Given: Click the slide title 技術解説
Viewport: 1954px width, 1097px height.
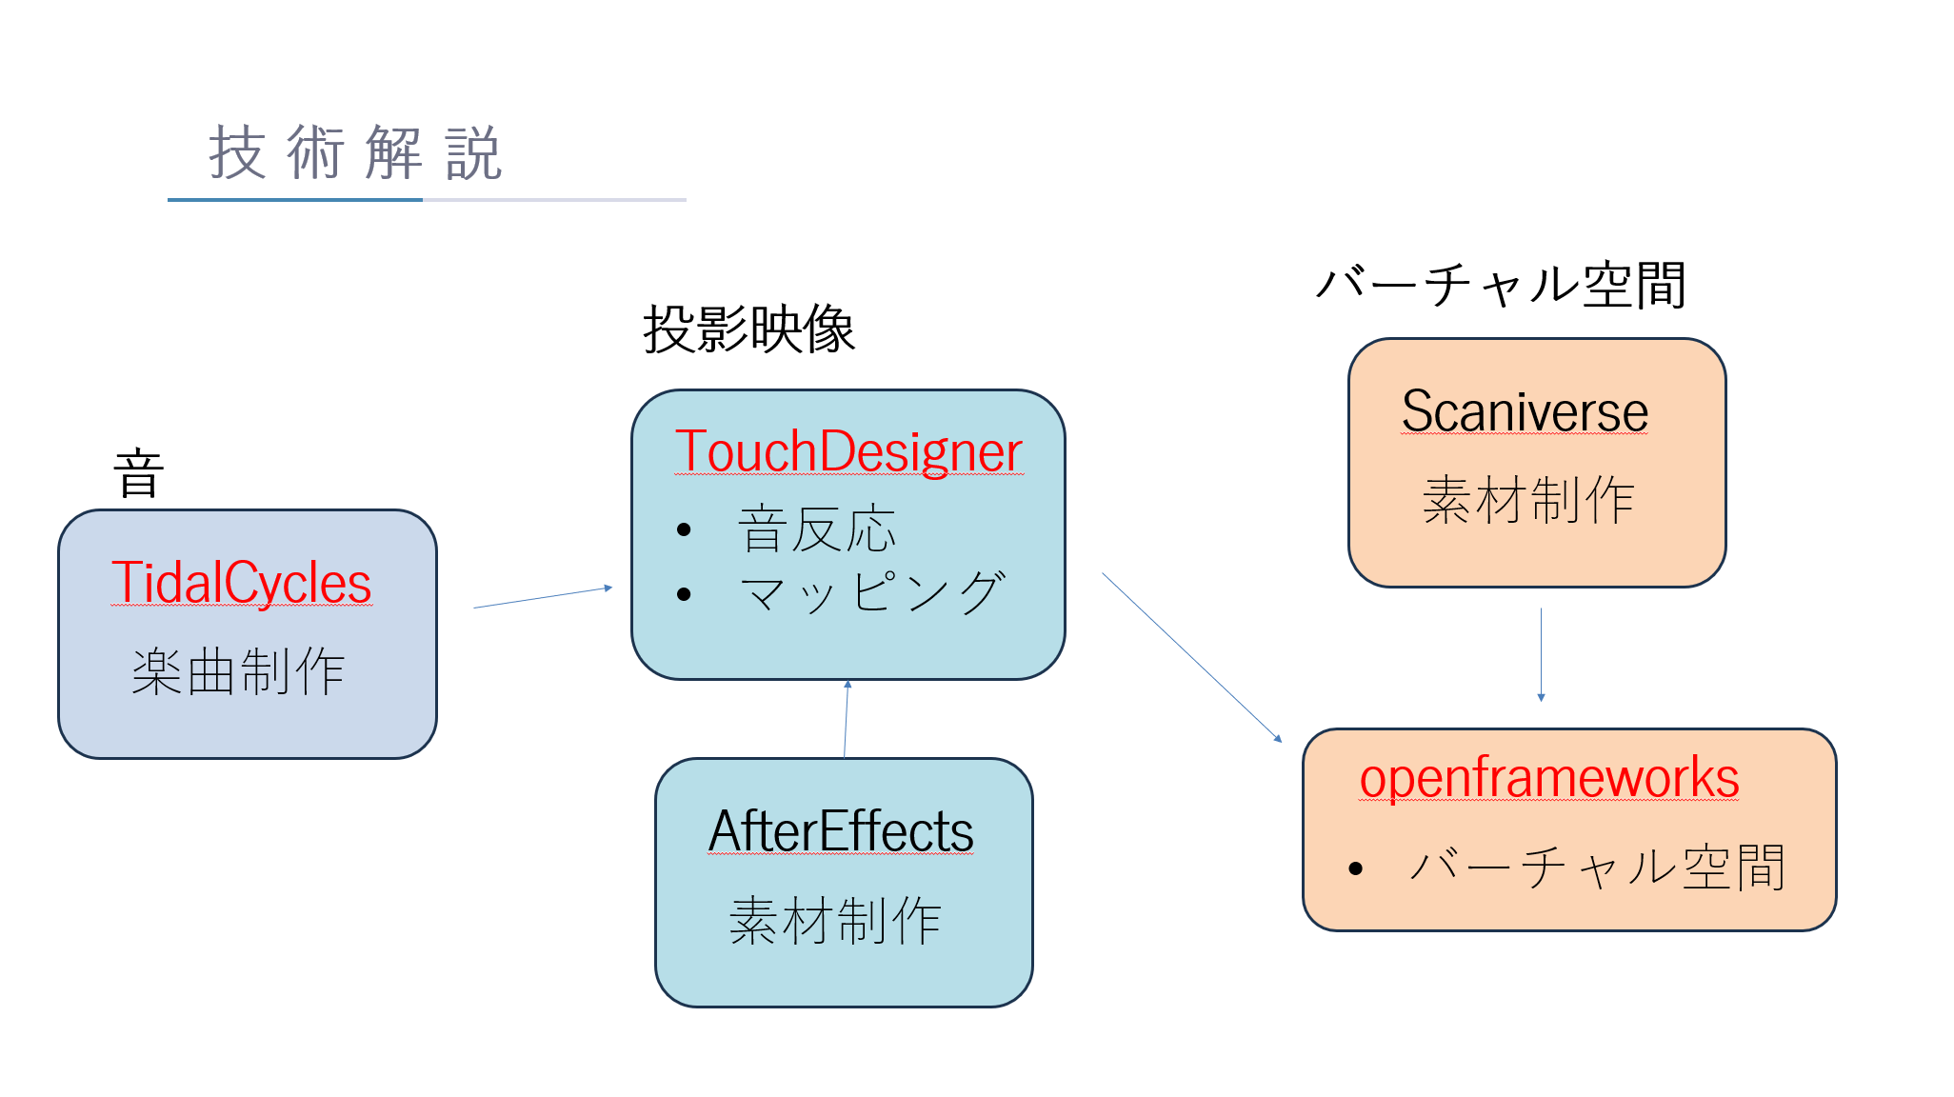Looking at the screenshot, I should tap(354, 154).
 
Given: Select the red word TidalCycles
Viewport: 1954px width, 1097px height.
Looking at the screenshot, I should tap(241, 583).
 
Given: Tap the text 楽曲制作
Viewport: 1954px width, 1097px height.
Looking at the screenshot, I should tap(238, 671).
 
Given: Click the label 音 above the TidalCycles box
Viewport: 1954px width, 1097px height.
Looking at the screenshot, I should tap(139, 474).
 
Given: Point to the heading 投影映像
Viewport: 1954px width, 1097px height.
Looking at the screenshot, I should tap(748, 330).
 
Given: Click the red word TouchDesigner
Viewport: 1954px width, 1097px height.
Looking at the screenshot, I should tap(847, 451).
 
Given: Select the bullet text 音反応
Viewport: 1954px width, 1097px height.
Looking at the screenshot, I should tap(817, 529).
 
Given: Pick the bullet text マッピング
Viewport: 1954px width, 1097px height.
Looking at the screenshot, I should tap(871, 593).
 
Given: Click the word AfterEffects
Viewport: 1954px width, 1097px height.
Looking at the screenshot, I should tap(841, 831).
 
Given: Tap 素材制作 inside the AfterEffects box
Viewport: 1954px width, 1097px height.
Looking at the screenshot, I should tap(835, 921).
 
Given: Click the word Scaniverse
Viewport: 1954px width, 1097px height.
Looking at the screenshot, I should tap(1525, 411).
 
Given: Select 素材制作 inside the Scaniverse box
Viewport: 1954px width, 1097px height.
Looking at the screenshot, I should tap(1528, 500).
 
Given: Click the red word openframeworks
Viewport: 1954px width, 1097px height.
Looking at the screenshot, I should tap(1549, 778).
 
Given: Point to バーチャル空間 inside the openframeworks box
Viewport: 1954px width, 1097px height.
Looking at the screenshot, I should tap(1597, 868).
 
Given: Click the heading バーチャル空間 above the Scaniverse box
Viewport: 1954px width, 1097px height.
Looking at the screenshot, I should tap(1501, 285).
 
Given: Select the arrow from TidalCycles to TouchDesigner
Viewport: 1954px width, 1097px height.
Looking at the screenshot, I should tap(543, 597).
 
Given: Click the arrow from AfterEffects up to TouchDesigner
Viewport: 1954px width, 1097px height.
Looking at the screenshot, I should tap(846, 719).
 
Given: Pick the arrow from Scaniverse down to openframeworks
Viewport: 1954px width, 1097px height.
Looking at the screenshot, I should tap(1541, 655).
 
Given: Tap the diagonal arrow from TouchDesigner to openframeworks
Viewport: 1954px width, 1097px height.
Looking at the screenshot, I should tap(1191, 656).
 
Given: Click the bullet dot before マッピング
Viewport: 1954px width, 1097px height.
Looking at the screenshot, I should tap(684, 594).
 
